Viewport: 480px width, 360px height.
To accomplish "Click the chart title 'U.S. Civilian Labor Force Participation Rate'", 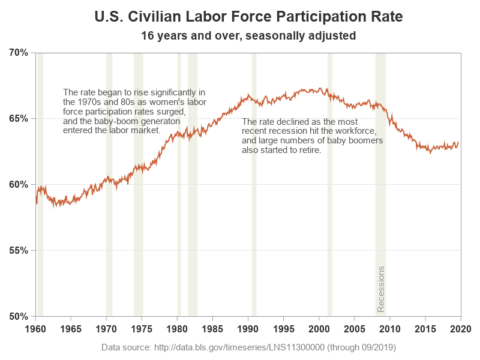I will tap(248, 16).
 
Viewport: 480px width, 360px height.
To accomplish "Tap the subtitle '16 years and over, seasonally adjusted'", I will tap(248, 36).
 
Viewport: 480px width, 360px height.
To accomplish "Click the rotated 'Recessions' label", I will tap(380, 289).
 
